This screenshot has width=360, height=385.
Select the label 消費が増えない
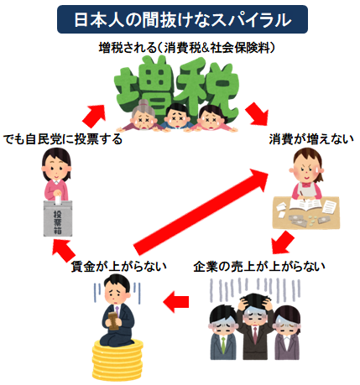point(301,138)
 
